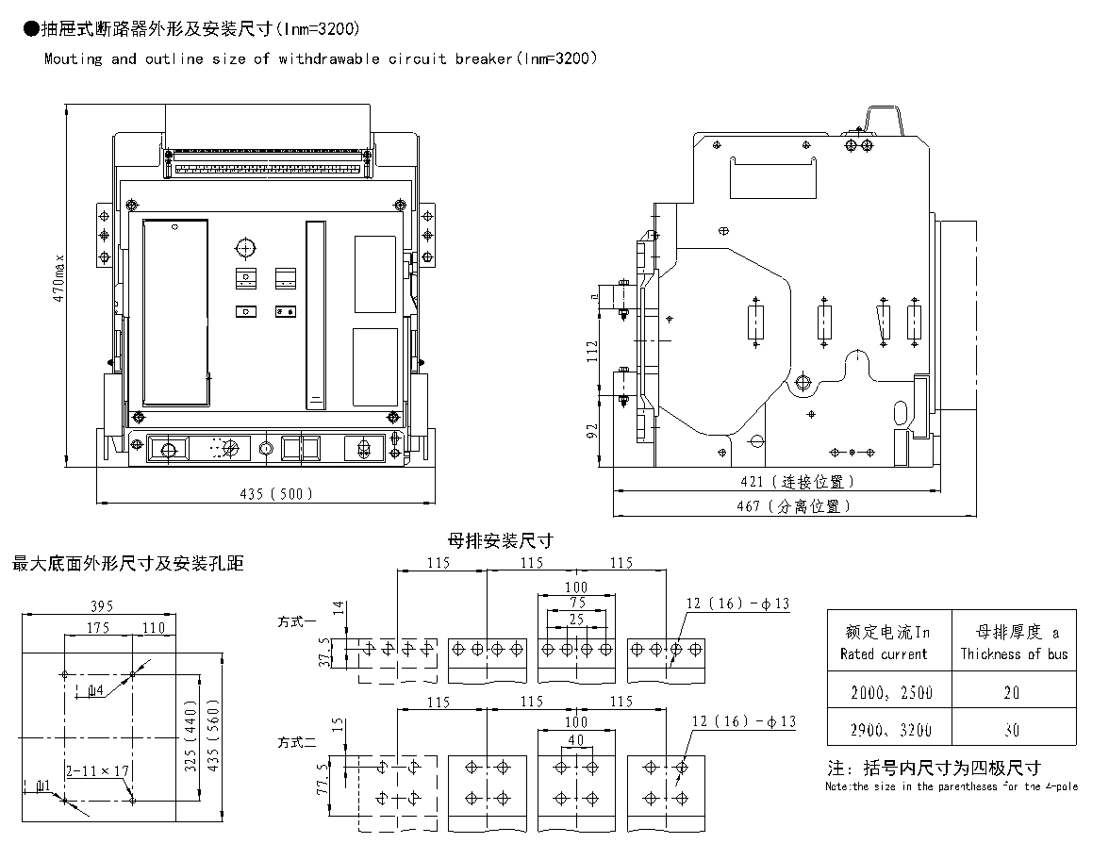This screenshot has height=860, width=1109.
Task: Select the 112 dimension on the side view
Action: point(592,351)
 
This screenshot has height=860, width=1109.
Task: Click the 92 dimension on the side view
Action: point(592,431)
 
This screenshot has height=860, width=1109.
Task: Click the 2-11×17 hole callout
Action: point(97,770)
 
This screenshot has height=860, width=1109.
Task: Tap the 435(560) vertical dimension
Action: point(213,735)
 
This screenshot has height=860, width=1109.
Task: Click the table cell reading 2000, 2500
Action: point(889,692)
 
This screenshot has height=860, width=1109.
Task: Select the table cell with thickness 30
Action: point(1012,729)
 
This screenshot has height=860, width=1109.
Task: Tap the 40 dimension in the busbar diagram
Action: point(576,739)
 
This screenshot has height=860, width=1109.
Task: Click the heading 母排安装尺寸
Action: point(500,541)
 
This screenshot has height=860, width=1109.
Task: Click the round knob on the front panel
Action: point(245,248)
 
